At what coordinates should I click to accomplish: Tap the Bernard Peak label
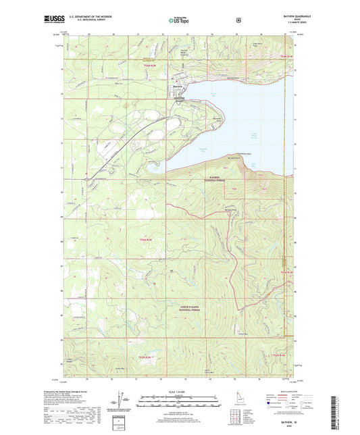pyautogui.click(x=236, y=212)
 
